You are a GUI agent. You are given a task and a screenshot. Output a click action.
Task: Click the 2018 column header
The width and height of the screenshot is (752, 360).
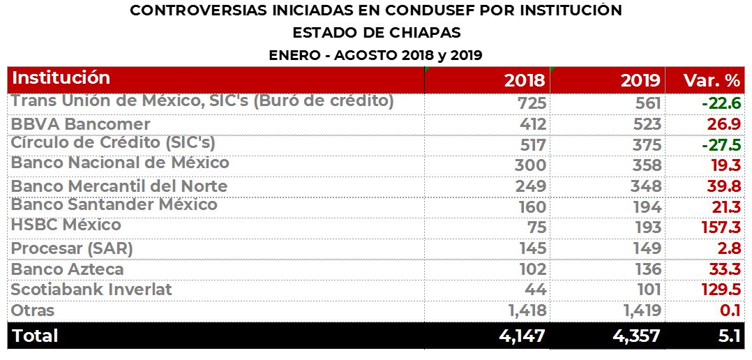524,80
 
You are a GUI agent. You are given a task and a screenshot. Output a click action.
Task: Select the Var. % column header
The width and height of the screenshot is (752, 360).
712,80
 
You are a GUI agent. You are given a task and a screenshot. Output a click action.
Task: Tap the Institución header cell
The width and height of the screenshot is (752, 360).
61,77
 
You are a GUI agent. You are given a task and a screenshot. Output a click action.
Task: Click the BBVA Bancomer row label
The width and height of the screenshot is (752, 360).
81,124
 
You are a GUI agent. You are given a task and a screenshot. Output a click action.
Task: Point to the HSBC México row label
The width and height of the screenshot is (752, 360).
66,225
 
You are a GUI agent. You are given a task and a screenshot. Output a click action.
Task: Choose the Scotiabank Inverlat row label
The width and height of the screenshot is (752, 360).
91,289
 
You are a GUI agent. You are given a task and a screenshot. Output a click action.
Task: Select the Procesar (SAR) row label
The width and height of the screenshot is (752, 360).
72,248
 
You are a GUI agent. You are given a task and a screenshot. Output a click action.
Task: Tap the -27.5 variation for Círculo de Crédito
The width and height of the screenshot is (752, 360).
721,145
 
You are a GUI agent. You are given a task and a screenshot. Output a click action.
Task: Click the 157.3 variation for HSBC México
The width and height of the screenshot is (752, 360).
716,227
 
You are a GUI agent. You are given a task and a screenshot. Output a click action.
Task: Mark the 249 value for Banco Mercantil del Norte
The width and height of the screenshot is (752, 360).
531,186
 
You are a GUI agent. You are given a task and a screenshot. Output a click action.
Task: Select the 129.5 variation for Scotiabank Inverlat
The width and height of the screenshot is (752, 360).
716,289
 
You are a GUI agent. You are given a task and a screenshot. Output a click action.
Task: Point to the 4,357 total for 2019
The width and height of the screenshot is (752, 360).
636,336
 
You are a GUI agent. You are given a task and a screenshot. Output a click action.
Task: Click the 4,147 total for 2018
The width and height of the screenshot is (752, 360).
522,336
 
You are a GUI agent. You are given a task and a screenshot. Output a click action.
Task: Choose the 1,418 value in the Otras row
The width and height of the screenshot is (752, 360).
523,310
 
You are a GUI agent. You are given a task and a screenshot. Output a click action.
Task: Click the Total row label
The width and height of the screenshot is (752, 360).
36,336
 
